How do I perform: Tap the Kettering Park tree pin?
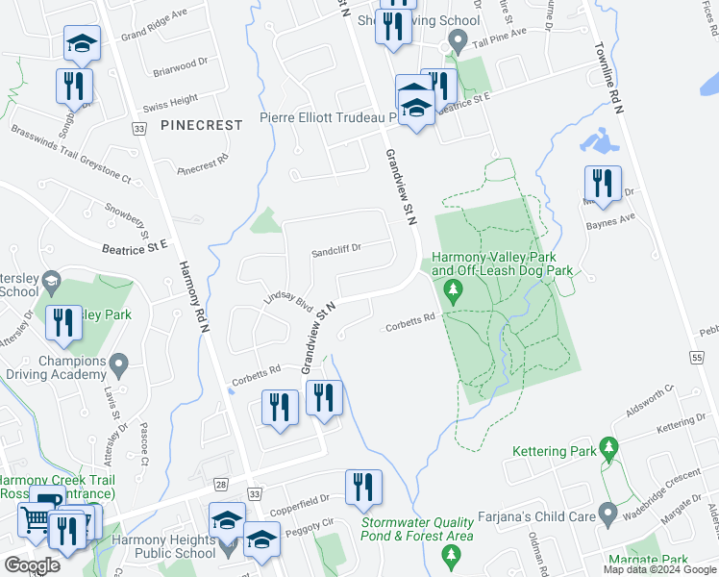point(607,448)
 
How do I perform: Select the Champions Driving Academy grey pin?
point(119,365)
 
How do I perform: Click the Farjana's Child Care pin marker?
point(607,514)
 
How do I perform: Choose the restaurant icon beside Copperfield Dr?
point(363,488)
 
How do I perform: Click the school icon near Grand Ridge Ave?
point(83,42)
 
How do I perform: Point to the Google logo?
point(32,564)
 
